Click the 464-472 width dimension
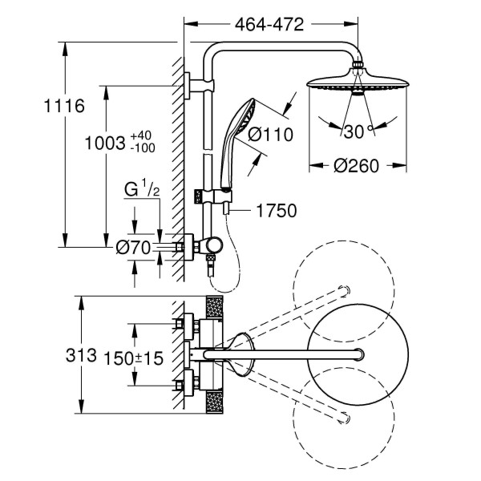pos(269,24)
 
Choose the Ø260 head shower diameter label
pos(356,166)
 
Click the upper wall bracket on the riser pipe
pos(190,86)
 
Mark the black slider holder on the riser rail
pos(199,195)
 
